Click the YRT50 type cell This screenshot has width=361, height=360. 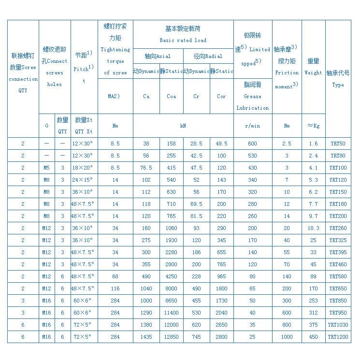click(x=338, y=144)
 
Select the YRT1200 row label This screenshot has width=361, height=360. click(x=338, y=337)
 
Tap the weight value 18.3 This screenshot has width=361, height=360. click(x=313, y=228)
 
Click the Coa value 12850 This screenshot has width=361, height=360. click(x=171, y=337)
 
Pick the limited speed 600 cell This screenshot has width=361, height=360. click(x=252, y=144)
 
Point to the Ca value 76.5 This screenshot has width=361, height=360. click(x=146, y=168)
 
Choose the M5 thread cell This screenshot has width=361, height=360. click(x=46, y=168)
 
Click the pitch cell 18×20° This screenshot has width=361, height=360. click(x=84, y=168)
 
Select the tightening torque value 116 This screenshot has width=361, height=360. click(x=115, y=288)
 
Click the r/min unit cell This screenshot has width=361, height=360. click(x=252, y=126)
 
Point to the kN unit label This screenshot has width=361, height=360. click(x=183, y=126)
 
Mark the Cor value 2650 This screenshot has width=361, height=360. click(x=221, y=325)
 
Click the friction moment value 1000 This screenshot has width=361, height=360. click(x=287, y=337)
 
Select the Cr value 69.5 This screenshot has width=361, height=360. click(x=196, y=204)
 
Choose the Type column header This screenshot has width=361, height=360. click(x=338, y=79)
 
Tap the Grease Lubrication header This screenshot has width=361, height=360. click(x=252, y=96)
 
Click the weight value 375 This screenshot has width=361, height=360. click(x=313, y=325)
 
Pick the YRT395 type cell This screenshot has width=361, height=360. click(x=338, y=252)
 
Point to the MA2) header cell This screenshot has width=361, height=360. click(x=115, y=96)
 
